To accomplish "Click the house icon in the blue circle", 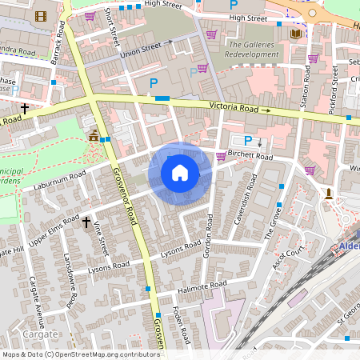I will (x=180, y=173).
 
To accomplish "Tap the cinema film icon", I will (x=41, y=15).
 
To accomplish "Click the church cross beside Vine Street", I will (x=86, y=222).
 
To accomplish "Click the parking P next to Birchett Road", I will (x=248, y=140).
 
